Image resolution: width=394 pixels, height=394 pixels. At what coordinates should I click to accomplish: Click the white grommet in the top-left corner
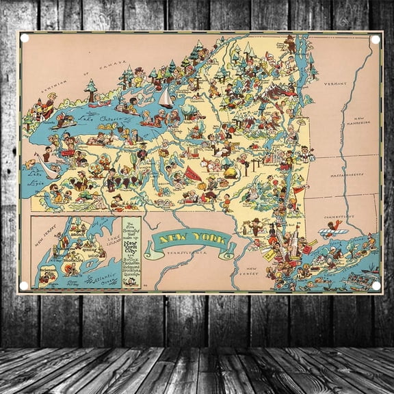point(25,38)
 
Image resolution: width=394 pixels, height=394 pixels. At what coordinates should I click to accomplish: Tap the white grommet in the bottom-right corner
point(375,286)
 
